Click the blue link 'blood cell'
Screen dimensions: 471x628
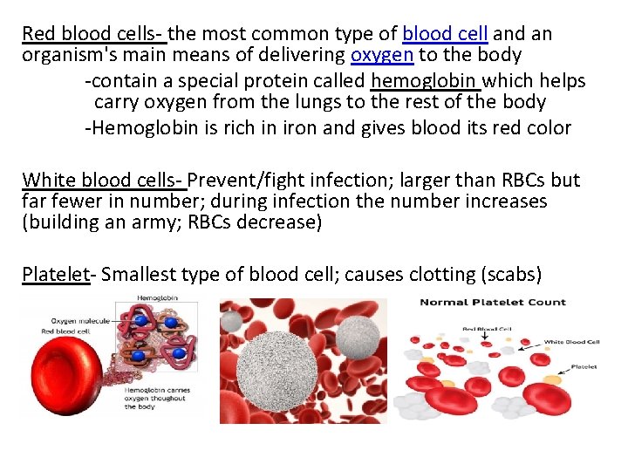(445, 34)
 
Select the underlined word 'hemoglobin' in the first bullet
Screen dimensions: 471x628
(426, 81)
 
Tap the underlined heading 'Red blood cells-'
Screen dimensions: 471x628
(93, 34)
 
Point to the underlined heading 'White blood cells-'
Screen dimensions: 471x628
(103, 181)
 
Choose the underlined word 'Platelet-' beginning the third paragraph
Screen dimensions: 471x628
(59, 275)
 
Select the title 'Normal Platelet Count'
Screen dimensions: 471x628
(493, 304)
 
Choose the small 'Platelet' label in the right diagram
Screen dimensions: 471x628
(584, 367)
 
